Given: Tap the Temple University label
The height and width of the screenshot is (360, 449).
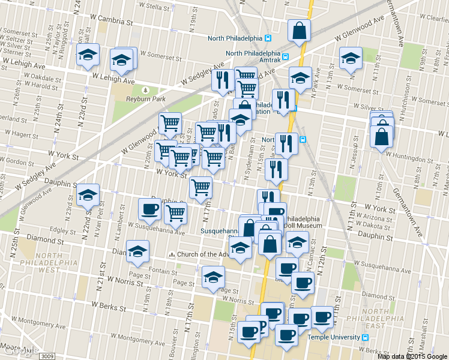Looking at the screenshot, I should (334, 338).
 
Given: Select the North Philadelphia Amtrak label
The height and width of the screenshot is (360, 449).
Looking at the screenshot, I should (253, 53).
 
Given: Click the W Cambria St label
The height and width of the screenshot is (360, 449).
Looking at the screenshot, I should (110, 21).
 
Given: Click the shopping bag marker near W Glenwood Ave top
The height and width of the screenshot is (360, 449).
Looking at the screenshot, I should (298, 31).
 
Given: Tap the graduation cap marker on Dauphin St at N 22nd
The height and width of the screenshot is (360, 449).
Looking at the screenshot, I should (88, 195).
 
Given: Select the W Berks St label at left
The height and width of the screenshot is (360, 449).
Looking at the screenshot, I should (108, 307).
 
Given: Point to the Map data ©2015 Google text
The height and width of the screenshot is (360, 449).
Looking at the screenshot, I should (412, 356).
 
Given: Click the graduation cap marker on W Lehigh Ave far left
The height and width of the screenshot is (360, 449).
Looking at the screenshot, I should (88, 56).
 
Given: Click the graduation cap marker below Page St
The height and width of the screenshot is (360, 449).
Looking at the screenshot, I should (213, 277).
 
